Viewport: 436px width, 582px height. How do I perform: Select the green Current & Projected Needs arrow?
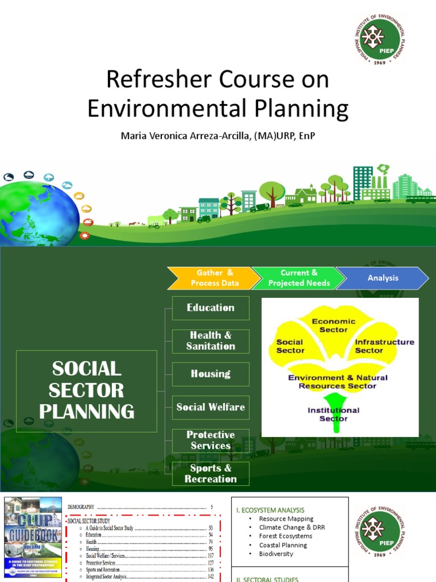tap(298, 278)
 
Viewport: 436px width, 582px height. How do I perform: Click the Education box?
tap(211, 307)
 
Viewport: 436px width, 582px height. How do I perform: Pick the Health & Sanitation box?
tap(211, 341)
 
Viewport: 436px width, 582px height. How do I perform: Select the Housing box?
tap(211, 374)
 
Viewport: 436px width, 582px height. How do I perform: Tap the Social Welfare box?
tap(211, 407)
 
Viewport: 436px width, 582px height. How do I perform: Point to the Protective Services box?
tap(211, 440)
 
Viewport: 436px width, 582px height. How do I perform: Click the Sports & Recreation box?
tap(211, 473)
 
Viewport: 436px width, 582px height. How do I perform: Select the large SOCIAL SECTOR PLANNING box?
tap(87, 390)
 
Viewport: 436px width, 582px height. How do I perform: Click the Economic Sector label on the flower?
tap(333, 325)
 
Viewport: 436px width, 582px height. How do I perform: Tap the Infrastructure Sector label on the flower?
tap(384, 346)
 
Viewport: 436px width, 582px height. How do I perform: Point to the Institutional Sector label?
tap(333, 414)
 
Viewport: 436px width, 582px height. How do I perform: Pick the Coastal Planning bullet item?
tap(283, 545)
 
